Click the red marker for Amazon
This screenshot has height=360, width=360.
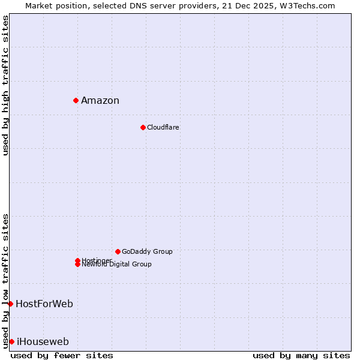[x=76, y=100]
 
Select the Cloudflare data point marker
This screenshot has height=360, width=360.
[x=143, y=127]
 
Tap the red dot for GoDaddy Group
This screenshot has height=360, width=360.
[x=118, y=251]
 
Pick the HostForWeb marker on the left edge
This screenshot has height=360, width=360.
[x=11, y=304]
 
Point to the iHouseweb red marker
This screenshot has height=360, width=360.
[x=11, y=341]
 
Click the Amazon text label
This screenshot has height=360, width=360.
[x=100, y=100]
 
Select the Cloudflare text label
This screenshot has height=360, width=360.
[x=163, y=127]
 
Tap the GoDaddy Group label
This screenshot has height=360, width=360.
[x=147, y=251]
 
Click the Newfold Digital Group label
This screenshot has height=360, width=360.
[x=117, y=265]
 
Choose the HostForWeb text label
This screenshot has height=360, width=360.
[x=44, y=304]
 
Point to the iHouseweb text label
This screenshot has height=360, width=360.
[x=43, y=342]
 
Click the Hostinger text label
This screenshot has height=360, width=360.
[x=97, y=260]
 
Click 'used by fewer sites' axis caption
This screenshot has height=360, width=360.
[x=62, y=355]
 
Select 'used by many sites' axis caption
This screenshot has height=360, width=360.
[x=301, y=355]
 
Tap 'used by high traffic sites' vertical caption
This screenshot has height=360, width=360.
[x=6, y=85]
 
